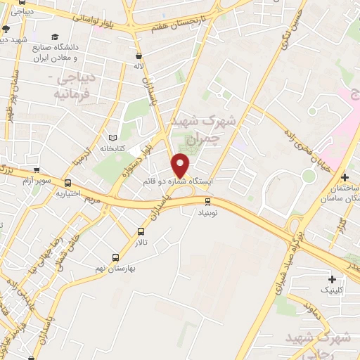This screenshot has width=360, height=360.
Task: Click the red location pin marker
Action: click(181, 165)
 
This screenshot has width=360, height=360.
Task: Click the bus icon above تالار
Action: click(141, 231)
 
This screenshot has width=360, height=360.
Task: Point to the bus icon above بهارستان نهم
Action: click(116, 258)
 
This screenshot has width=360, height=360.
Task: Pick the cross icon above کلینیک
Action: click(331, 280)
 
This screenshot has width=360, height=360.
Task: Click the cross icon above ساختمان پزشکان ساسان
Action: click(345, 177)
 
